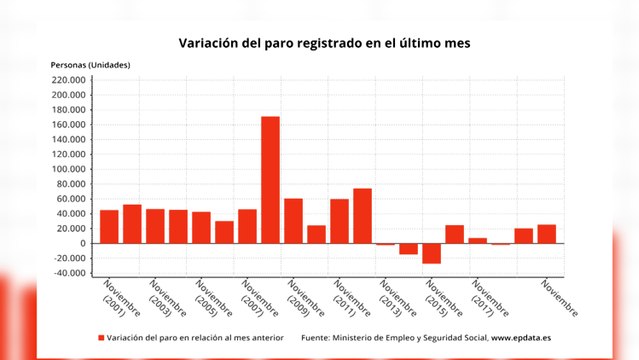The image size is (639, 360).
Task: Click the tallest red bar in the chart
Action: [270, 180]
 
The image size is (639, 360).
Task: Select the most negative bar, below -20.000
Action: [431, 253]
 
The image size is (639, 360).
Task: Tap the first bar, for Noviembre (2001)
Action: [109, 226]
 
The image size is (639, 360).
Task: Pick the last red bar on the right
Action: [546, 234]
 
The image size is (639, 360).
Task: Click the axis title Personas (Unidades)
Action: [90, 65]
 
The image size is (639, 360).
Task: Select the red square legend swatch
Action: [101, 338]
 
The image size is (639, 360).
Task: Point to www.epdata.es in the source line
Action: [514, 338]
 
